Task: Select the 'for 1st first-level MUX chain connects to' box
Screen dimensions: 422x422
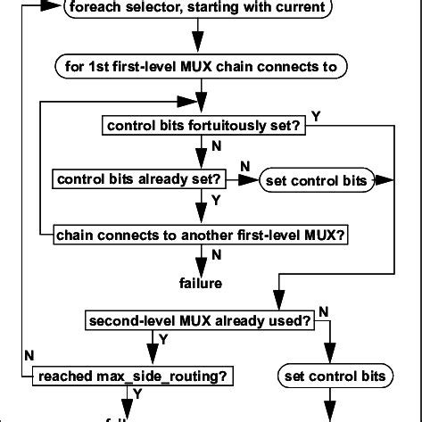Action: point(202,67)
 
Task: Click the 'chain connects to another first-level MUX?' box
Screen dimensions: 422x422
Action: point(201,235)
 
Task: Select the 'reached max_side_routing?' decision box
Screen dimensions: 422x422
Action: point(133,376)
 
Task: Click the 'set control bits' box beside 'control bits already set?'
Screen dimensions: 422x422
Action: point(316,181)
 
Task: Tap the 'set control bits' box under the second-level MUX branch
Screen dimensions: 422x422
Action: point(334,376)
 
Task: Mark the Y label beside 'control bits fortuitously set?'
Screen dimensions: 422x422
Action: point(317,115)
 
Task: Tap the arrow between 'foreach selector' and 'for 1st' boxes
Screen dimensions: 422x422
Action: point(198,39)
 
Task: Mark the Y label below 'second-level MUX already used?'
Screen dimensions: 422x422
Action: point(161,338)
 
